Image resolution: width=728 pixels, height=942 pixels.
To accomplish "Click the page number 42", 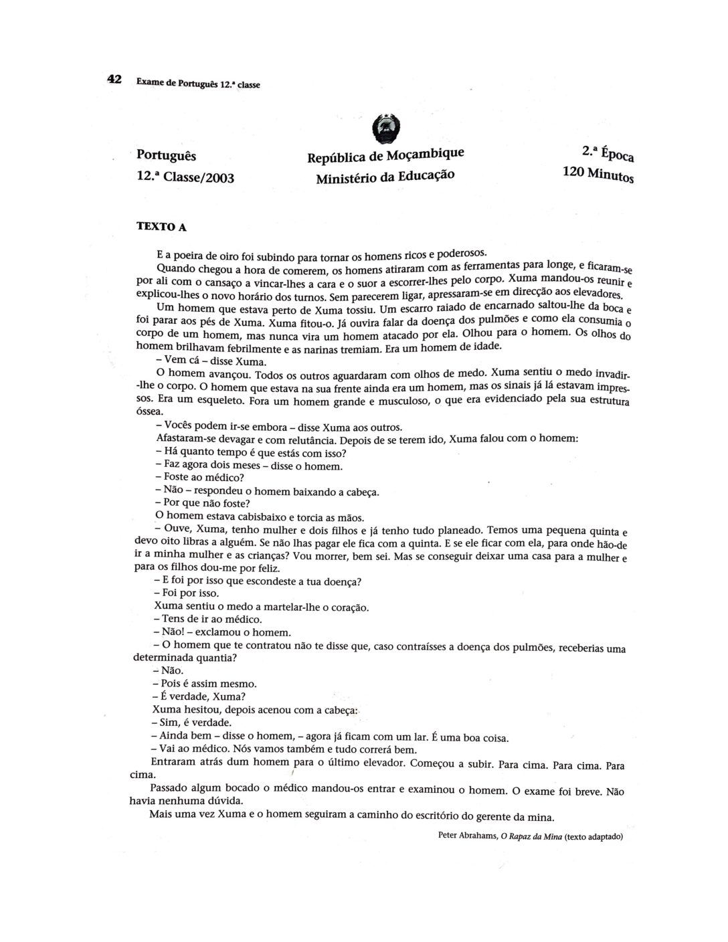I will tap(114, 80).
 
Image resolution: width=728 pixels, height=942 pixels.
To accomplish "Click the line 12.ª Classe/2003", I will tap(185, 177).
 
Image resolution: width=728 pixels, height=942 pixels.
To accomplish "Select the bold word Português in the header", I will tap(167, 155).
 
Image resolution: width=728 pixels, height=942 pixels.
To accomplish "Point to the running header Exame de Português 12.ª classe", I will tap(197, 84).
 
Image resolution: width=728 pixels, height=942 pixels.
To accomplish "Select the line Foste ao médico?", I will tap(199, 478).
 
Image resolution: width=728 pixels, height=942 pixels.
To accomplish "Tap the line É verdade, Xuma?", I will tap(194, 696).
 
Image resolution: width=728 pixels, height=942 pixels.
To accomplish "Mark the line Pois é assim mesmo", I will tap(205, 684).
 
